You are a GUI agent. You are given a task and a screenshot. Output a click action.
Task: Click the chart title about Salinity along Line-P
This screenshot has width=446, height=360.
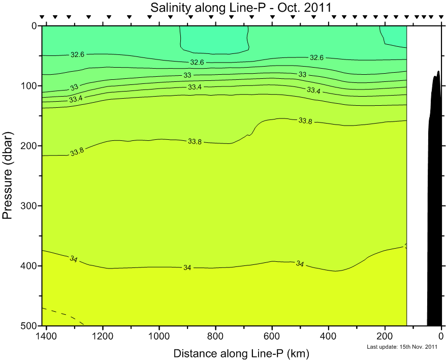point(240,8)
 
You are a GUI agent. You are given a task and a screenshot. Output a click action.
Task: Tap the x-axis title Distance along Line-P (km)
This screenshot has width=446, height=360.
point(241,353)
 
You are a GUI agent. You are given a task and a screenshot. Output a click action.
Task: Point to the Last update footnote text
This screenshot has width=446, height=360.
point(402,347)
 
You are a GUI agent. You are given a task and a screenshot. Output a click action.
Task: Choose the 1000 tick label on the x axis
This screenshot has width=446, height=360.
point(160,336)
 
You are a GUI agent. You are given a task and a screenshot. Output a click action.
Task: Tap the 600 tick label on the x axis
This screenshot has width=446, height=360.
point(272,336)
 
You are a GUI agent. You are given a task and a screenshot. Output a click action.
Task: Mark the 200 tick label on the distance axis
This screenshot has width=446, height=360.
point(385,336)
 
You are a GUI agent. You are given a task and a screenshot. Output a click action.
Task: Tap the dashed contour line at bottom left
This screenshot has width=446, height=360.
point(63,315)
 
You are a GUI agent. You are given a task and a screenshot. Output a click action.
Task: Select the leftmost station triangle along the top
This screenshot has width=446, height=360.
point(43,17)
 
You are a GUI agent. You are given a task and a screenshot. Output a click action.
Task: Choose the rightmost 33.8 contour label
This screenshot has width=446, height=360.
point(305,121)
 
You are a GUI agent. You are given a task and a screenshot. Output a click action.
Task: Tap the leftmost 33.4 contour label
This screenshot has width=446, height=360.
point(76,99)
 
